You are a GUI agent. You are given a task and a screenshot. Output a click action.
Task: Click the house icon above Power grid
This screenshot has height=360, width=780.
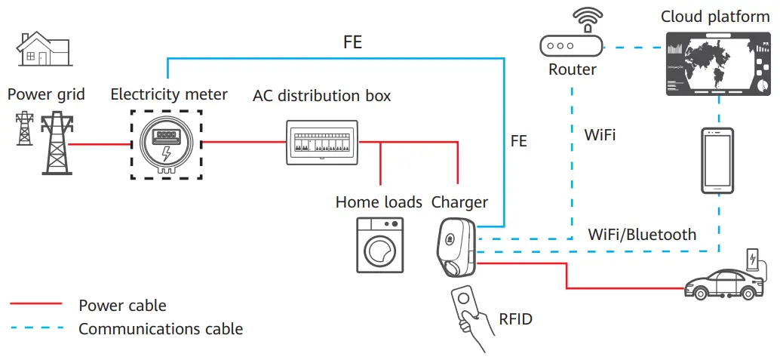(x=43, y=51)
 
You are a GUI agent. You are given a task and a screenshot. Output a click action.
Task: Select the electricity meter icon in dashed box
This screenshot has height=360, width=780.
(x=166, y=144)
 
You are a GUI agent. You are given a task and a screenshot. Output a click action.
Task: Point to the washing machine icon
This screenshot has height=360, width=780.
(x=380, y=245)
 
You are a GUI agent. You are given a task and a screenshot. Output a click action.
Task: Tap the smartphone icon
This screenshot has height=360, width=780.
(x=718, y=161)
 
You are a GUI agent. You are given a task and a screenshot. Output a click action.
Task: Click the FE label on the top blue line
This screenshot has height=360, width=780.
(x=352, y=42)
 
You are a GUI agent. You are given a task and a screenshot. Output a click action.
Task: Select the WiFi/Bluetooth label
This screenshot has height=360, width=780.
(x=642, y=235)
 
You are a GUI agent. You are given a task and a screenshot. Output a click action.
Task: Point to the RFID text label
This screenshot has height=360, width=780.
(x=515, y=319)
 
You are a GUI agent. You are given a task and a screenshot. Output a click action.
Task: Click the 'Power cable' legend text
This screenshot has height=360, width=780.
(x=122, y=306)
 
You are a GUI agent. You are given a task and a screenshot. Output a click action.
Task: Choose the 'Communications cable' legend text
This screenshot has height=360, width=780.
(x=161, y=329)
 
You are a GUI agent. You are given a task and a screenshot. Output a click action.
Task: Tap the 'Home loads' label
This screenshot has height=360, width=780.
(x=379, y=202)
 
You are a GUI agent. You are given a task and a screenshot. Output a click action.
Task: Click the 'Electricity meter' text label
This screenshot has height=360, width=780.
(x=169, y=94)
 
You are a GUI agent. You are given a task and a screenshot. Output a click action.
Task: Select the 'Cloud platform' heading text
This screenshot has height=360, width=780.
(x=714, y=17)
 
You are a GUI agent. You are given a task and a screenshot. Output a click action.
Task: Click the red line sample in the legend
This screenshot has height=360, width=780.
(x=35, y=304)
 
